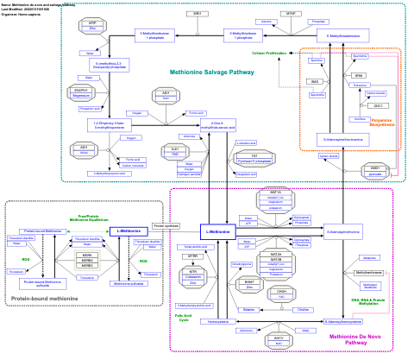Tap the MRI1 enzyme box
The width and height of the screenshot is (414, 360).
point(197,14)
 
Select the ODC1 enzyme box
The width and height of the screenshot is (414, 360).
point(379,104)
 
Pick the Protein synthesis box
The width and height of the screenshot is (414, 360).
point(166,225)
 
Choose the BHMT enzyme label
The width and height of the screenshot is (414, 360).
point(249,281)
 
